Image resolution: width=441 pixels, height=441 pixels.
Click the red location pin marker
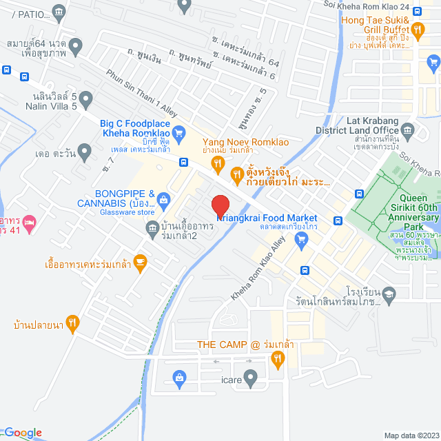coord(219,207)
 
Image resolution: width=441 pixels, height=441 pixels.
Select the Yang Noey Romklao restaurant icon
coord(218,163)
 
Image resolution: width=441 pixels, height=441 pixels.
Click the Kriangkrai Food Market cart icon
coord(300,239)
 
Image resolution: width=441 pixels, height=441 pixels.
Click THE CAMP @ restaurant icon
coord(278,358)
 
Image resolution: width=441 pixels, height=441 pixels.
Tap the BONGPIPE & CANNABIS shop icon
coord(163,201)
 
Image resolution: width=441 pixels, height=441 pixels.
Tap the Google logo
coord(22,433)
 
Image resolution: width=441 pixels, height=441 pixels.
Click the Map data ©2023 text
coord(410,435)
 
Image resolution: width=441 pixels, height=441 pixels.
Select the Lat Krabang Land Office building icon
coord(407,129)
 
